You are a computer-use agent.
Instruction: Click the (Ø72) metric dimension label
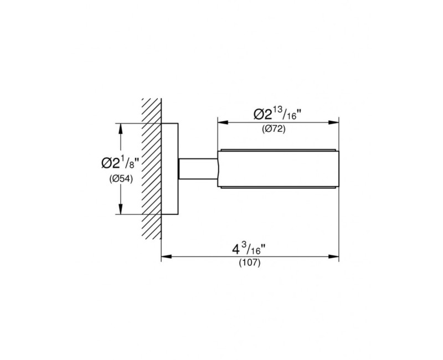(274, 129)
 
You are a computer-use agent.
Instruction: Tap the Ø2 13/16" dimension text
(277, 114)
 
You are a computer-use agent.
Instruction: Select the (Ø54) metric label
(121, 179)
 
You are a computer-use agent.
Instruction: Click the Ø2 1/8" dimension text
(120, 163)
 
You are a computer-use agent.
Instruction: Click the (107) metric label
(250, 263)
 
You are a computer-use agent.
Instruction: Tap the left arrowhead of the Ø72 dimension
(223, 122)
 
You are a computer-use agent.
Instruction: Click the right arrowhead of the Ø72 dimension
(333, 122)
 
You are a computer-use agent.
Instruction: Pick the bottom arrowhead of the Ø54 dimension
(121, 209)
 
